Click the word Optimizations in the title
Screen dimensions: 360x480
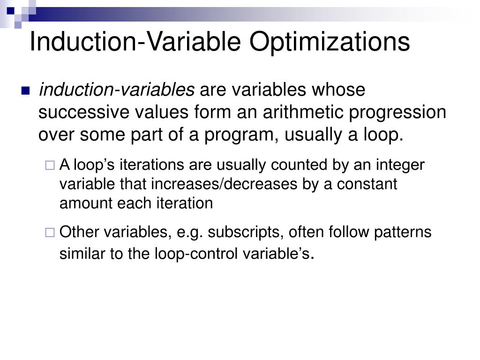coord(330,42)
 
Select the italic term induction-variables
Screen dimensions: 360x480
coord(116,90)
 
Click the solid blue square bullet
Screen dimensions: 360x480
coord(25,90)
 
